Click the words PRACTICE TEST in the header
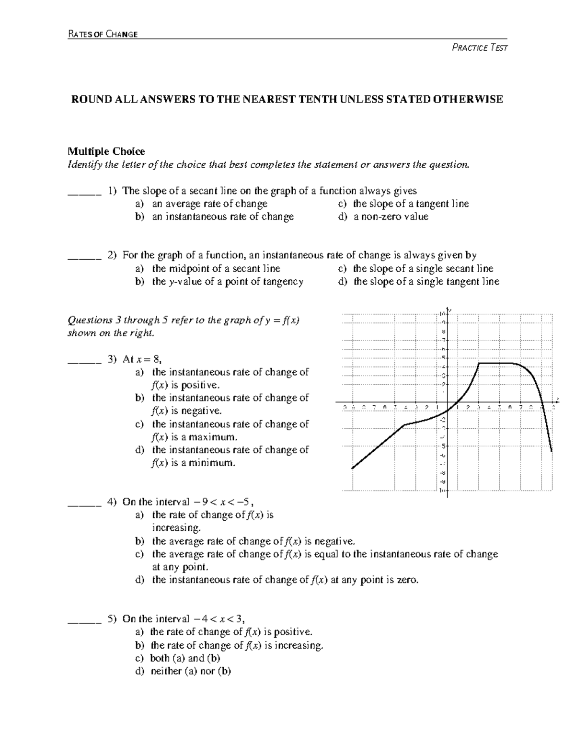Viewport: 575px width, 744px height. (x=480, y=47)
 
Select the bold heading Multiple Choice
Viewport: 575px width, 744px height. (x=106, y=151)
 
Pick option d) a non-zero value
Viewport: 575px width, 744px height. (x=383, y=217)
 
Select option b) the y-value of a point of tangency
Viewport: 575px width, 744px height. (x=219, y=282)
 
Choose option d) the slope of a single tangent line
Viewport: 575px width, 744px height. (x=419, y=282)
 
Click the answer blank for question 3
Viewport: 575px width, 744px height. (x=84, y=359)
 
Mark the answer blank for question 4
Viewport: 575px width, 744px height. (x=84, y=502)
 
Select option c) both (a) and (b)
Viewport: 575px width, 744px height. (x=178, y=658)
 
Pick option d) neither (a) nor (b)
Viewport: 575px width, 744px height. (x=184, y=671)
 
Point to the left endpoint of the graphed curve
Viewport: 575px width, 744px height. (x=352, y=468)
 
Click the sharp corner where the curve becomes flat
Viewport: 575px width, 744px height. (x=479, y=363)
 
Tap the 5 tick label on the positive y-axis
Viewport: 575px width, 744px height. (x=444, y=358)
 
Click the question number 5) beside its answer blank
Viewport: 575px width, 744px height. (x=112, y=619)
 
